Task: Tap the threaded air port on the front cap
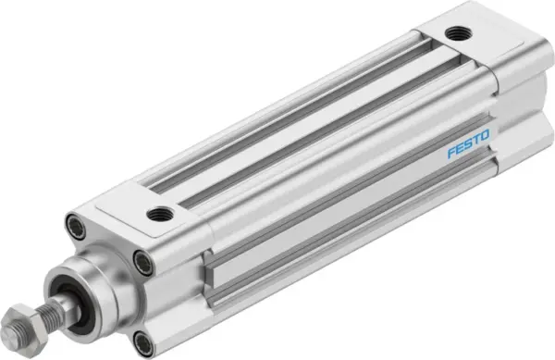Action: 159,215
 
